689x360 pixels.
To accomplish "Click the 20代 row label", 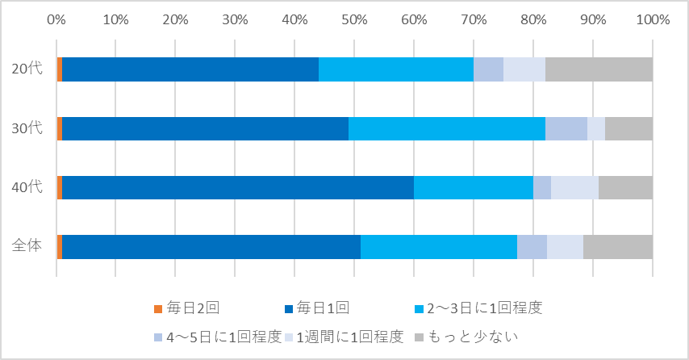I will (x=27, y=69).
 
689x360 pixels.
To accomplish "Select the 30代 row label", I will (x=27, y=128).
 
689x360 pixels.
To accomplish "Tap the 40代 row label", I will (x=27, y=187).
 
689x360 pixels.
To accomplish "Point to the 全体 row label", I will (x=27, y=246).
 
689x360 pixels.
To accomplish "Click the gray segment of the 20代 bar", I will (x=599, y=69).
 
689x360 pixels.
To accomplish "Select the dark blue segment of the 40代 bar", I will (x=238, y=187).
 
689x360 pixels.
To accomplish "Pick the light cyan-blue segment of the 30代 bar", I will (x=446, y=128).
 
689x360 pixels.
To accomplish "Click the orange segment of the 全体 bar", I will (x=60, y=246).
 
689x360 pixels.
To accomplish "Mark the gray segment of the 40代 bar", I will (x=625, y=187).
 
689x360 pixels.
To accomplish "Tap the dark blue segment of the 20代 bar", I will (x=190, y=69).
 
